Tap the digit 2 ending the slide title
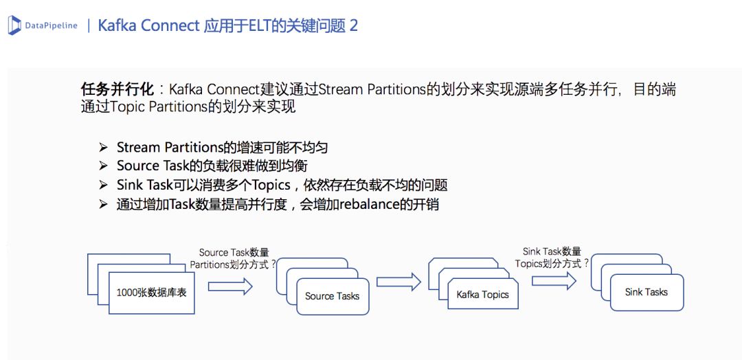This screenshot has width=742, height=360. (353, 26)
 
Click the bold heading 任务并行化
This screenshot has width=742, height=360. (113, 90)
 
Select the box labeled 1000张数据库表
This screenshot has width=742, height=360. (151, 292)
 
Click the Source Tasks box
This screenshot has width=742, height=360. (333, 296)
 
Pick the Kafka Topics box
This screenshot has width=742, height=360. (482, 295)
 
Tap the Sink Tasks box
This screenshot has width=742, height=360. (646, 292)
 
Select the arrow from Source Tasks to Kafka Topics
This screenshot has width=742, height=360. (398, 282)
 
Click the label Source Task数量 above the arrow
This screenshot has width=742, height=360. (234, 252)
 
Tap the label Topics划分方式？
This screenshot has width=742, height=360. (552, 263)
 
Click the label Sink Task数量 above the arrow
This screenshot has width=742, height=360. (552, 251)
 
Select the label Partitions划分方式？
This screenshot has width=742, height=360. (233, 264)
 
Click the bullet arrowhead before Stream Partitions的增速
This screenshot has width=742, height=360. (103, 148)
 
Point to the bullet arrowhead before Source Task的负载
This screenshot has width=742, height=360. (103, 166)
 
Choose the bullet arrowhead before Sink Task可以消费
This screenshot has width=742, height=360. (103, 185)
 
